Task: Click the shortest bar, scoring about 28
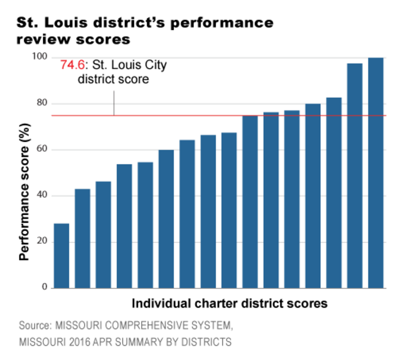(x=61, y=255)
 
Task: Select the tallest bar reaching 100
(x=376, y=173)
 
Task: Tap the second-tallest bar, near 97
(x=355, y=176)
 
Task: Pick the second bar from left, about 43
(x=82, y=238)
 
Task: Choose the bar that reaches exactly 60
(x=166, y=219)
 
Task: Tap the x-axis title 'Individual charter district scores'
(x=230, y=303)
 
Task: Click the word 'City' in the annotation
(x=154, y=65)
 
